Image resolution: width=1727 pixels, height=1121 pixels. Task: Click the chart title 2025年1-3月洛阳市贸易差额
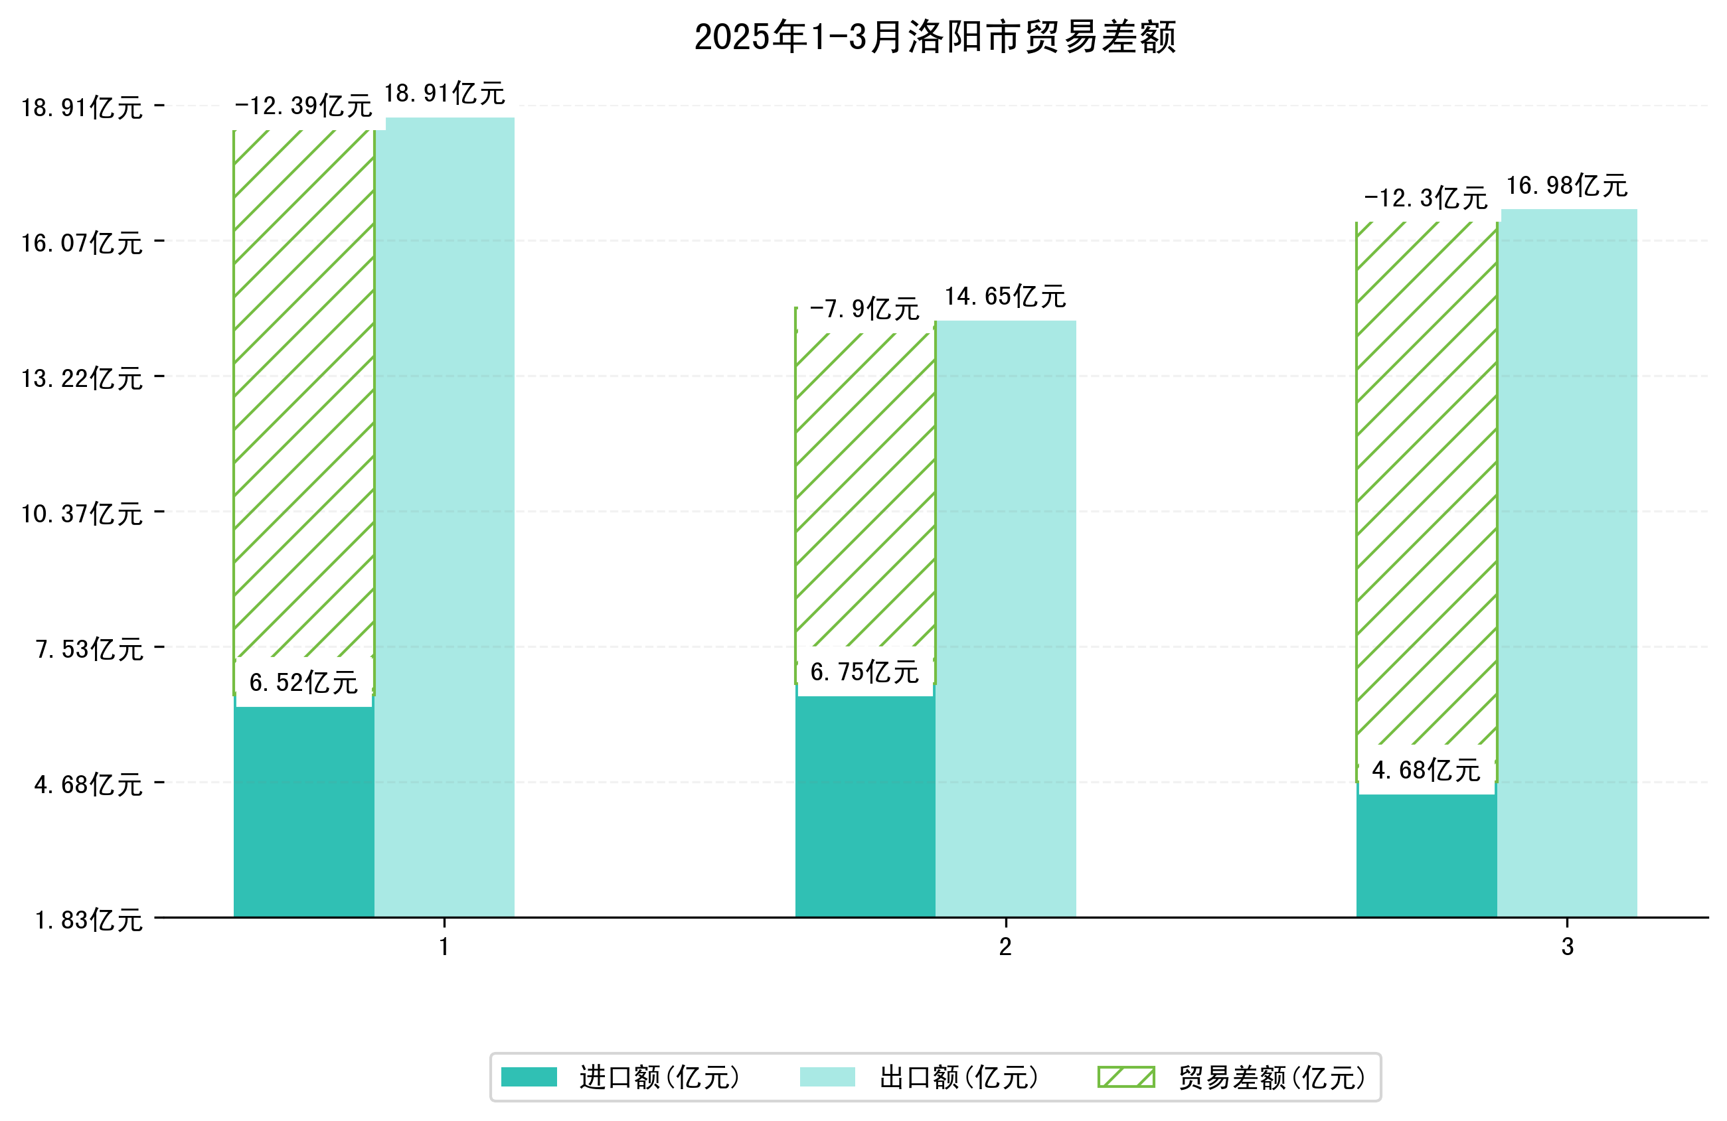(935, 37)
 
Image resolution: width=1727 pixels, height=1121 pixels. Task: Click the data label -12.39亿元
(303, 106)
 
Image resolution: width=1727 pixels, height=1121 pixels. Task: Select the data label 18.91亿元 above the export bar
(444, 94)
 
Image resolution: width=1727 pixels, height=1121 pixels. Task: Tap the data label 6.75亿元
(864, 672)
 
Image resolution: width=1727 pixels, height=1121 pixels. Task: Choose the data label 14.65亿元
(1005, 296)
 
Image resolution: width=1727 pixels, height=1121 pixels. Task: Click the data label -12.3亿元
(1426, 198)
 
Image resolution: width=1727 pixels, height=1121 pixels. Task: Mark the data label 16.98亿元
(1568, 186)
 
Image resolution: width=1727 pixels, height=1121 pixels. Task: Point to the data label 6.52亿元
(303, 682)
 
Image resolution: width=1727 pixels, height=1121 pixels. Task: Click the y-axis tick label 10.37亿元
(82, 514)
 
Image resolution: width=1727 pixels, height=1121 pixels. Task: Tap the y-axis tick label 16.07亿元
(82, 243)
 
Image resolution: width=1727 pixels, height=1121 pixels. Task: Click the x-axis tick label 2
(1005, 947)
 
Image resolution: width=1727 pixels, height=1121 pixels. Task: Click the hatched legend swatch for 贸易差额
(1125, 1077)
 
